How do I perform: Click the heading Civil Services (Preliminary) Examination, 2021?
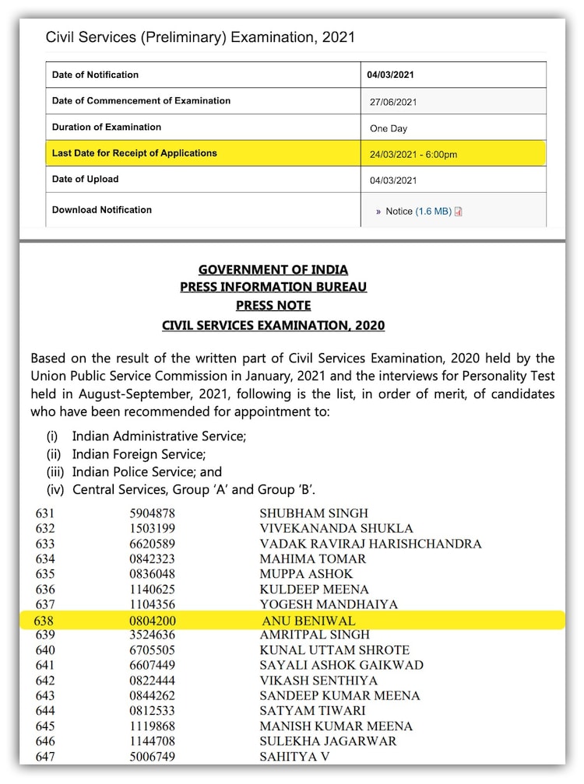tap(200, 37)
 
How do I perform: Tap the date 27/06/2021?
tap(394, 102)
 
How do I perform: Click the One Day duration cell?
tap(389, 128)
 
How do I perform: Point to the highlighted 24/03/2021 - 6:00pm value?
tap(413, 154)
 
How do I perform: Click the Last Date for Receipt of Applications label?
tap(134, 153)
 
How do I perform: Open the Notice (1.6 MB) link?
tap(419, 211)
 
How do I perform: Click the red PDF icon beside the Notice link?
tap(458, 212)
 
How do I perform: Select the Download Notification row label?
tap(101, 210)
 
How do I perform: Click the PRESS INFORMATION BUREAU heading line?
tap(273, 287)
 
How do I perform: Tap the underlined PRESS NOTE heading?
tap(273, 306)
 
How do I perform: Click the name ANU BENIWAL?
tap(308, 621)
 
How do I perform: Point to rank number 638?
tap(44, 621)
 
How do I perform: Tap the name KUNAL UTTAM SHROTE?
tap(334, 650)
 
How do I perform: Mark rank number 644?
tap(44, 711)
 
